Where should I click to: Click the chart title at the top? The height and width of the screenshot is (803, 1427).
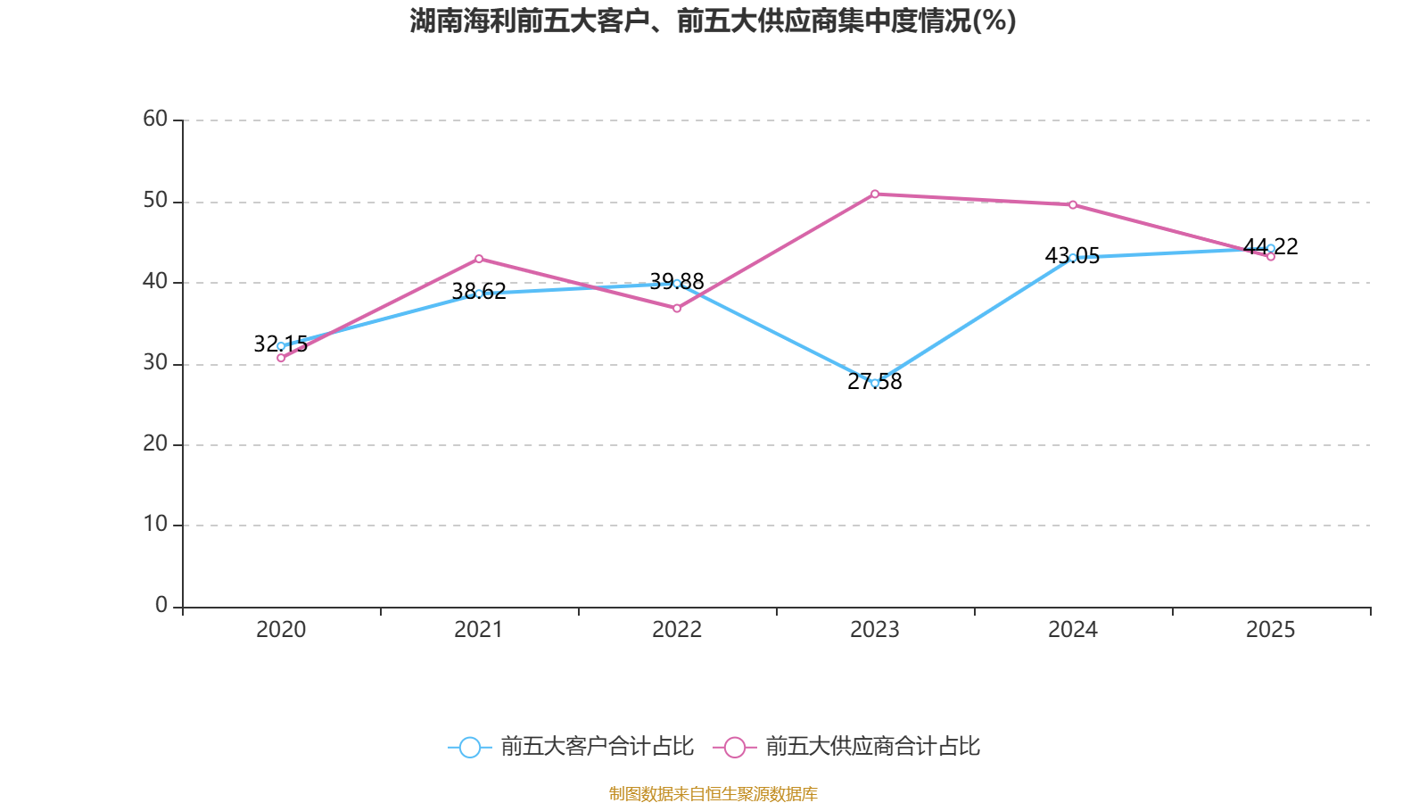(x=713, y=21)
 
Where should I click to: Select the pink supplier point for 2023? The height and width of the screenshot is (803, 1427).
(x=875, y=194)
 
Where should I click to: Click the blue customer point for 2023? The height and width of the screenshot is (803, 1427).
(x=875, y=383)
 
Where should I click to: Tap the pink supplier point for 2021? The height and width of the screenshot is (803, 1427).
(x=479, y=259)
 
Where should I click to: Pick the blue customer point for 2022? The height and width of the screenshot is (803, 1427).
(x=677, y=284)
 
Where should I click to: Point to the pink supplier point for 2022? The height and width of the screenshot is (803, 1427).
(x=677, y=309)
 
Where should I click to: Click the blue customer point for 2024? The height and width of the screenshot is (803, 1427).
(x=1073, y=258)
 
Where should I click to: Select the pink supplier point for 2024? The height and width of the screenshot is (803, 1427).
(x=1073, y=205)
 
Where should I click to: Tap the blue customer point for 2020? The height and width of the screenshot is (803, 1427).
(x=281, y=346)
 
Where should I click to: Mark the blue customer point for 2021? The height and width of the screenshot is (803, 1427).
(x=479, y=294)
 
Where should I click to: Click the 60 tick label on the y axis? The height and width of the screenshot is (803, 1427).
(x=155, y=119)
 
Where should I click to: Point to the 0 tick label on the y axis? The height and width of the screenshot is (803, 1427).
(x=161, y=606)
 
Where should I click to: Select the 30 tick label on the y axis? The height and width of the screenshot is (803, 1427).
(x=155, y=362)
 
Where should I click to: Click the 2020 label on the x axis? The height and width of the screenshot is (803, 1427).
(x=281, y=630)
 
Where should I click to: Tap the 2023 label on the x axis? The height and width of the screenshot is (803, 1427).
(x=875, y=630)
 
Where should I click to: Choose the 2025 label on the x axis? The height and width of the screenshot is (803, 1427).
(x=1270, y=630)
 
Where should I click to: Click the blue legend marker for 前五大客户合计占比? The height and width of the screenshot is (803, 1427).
(x=469, y=748)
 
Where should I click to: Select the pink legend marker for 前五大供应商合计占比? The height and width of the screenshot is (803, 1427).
(x=735, y=748)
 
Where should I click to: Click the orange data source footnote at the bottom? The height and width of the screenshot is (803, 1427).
(x=713, y=793)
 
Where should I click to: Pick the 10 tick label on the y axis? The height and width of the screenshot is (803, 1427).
(x=155, y=525)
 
